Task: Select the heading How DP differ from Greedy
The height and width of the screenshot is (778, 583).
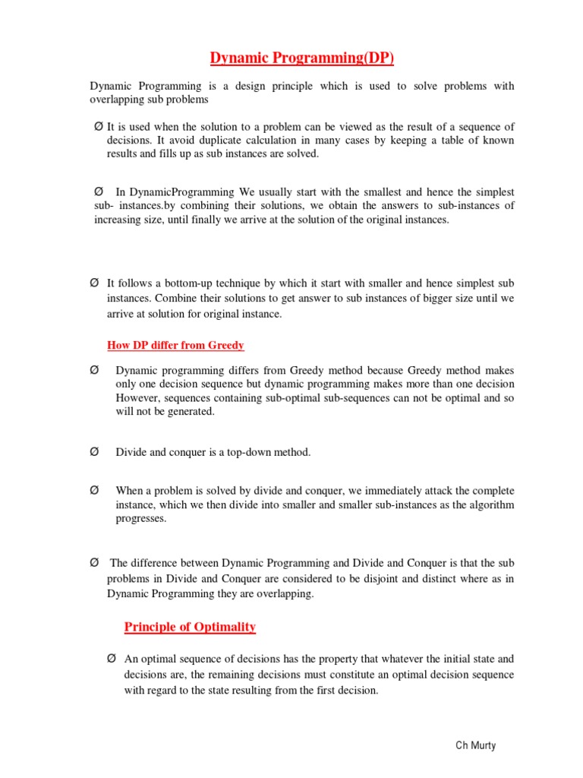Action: point(175,346)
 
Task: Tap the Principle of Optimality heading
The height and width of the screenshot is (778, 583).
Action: point(190,627)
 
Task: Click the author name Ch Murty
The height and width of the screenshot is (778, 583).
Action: point(475,745)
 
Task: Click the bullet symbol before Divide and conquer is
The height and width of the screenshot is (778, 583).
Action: point(94,452)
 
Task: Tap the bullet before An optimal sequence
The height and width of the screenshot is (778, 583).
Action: point(112,658)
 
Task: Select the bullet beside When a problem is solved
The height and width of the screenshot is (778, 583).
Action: point(94,491)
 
